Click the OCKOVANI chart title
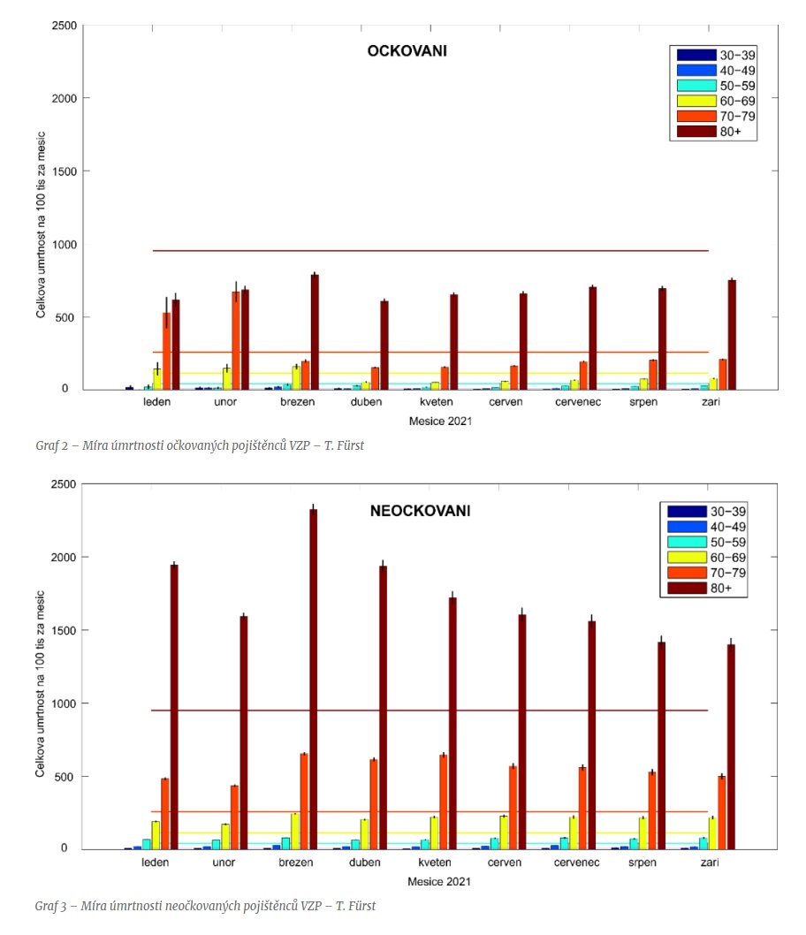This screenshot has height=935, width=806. pyautogui.click(x=407, y=51)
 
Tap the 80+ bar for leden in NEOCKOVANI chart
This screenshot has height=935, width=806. pyautogui.click(x=174, y=706)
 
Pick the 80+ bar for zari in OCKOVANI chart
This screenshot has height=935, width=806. pyautogui.click(x=732, y=335)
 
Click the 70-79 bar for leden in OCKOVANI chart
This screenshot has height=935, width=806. pyautogui.click(x=166, y=351)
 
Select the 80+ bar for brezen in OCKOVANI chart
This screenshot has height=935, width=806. pyautogui.click(x=315, y=332)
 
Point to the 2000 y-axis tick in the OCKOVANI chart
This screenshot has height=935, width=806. pyautogui.click(x=63, y=98)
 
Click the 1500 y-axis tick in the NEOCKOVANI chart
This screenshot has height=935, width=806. pyautogui.click(x=63, y=630)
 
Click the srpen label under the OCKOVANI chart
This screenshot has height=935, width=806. pyautogui.click(x=643, y=403)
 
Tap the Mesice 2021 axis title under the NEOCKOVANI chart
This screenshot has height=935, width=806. pyautogui.click(x=439, y=881)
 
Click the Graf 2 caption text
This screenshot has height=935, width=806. pyautogui.click(x=199, y=445)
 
